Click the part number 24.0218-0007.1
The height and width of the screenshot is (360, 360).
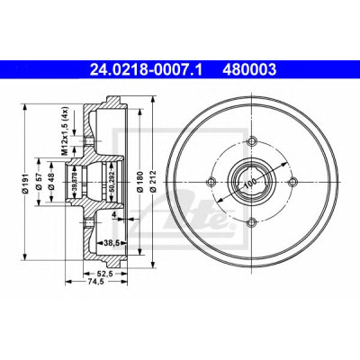[x=146, y=69]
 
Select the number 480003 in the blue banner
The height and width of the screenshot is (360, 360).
[x=249, y=69]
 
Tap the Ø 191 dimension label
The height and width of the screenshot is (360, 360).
[x=25, y=183]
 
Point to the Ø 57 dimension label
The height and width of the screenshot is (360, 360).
[x=39, y=183]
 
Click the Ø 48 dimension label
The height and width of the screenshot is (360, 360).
[x=51, y=183]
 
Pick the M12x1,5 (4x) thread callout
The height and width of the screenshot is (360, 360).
[x=65, y=131]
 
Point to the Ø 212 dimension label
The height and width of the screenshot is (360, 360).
[x=153, y=182]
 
